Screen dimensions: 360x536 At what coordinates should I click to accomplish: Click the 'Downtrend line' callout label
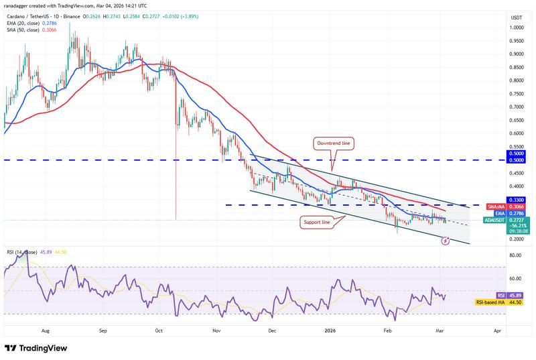(x=333, y=143)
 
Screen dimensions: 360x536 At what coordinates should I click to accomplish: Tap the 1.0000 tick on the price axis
(x=516, y=28)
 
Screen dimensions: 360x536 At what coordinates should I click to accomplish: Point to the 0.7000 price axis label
(x=516, y=107)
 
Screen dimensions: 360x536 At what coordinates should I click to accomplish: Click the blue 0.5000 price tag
(x=516, y=160)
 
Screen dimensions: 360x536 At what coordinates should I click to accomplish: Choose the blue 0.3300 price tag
(x=516, y=200)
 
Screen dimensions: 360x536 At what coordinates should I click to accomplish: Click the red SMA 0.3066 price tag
(x=516, y=208)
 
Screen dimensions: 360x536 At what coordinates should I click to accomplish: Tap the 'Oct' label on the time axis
(x=159, y=331)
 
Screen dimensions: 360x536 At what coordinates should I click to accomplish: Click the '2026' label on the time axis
(x=330, y=331)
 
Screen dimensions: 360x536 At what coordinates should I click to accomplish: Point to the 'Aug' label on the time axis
(x=46, y=331)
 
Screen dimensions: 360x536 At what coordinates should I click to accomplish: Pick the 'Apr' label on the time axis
(x=497, y=331)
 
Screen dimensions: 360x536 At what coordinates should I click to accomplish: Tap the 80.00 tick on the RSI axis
(x=516, y=255)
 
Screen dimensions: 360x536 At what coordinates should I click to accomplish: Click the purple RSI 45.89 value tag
(x=516, y=295)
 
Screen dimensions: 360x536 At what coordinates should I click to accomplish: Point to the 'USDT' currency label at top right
(x=516, y=17)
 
